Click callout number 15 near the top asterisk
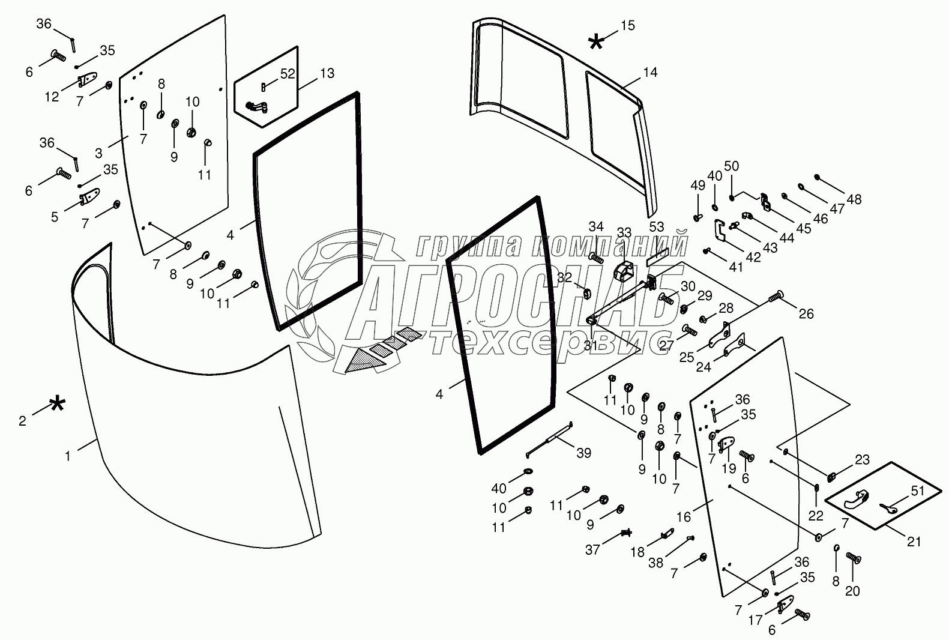click(628, 25)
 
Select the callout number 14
click(650, 73)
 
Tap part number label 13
click(327, 73)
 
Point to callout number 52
click(288, 74)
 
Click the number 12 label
click(52, 97)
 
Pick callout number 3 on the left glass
click(98, 153)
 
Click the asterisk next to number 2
click(57, 404)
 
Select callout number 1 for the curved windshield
click(68, 456)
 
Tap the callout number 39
click(584, 453)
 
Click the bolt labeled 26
click(776, 296)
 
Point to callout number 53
click(657, 227)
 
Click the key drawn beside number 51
click(888, 508)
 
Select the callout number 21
click(914, 542)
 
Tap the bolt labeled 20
click(854, 558)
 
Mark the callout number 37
click(592, 550)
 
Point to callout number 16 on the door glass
click(683, 517)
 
